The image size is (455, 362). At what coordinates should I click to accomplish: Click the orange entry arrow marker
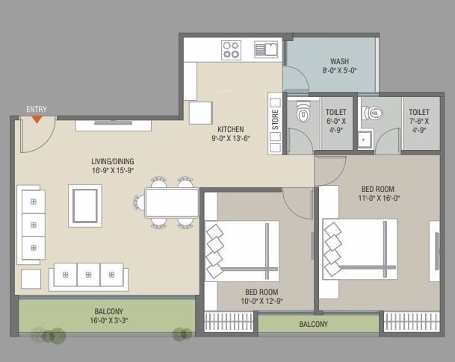[x=36, y=118]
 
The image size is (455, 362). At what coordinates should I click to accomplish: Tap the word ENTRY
[x=36, y=109]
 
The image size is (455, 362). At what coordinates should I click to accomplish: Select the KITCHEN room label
[x=224, y=128]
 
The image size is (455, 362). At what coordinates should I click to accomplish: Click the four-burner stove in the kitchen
[x=231, y=50]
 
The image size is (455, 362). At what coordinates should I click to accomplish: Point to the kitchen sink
[x=265, y=50]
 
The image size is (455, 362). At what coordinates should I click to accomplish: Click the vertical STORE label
[x=275, y=121]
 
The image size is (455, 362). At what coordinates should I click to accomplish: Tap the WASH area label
[x=339, y=61]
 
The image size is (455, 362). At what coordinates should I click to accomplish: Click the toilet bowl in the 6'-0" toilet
[x=301, y=113]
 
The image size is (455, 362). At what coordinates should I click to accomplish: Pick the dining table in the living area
[x=171, y=202]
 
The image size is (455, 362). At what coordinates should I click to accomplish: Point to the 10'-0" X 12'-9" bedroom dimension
[x=261, y=302]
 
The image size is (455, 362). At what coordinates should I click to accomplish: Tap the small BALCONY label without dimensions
[x=313, y=324]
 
